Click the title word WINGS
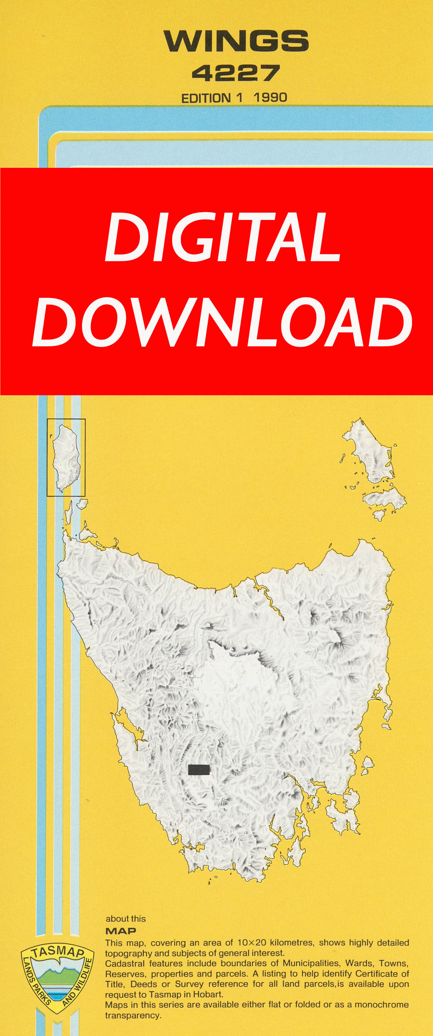pos(236,41)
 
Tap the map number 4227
pos(235,73)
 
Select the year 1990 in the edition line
pos(270,97)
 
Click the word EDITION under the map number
pos(205,98)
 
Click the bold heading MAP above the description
pos(121,931)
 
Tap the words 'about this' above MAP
pos(126,919)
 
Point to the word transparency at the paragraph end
pos(133,1015)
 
